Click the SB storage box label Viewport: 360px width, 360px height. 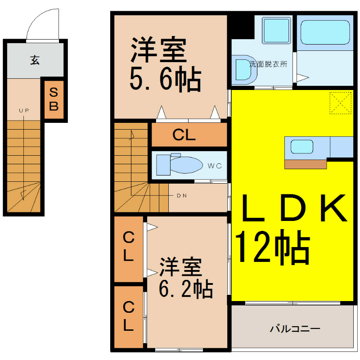(x=54, y=99)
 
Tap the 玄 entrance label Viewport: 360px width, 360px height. (x=35, y=60)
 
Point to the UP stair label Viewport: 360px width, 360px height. (x=24, y=111)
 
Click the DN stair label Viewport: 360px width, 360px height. (x=182, y=196)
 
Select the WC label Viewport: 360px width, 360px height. (x=215, y=166)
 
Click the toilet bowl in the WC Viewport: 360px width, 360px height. (x=187, y=165)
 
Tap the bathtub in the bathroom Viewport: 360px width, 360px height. (x=325, y=32)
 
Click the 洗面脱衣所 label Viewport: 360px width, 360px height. (x=268, y=64)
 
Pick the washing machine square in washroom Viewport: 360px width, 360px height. (x=276, y=30)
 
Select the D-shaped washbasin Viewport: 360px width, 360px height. (x=244, y=70)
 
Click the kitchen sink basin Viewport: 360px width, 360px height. (x=301, y=147)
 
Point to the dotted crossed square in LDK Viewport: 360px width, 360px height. (x=341, y=103)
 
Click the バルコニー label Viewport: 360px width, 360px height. (x=295, y=329)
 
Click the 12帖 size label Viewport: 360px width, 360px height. (x=273, y=247)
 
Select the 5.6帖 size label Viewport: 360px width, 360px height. (x=165, y=79)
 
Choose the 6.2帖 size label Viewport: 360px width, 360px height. (x=186, y=289)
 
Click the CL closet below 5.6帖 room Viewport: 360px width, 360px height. (x=189, y=135)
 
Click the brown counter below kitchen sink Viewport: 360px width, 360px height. (x=306, y=164)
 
